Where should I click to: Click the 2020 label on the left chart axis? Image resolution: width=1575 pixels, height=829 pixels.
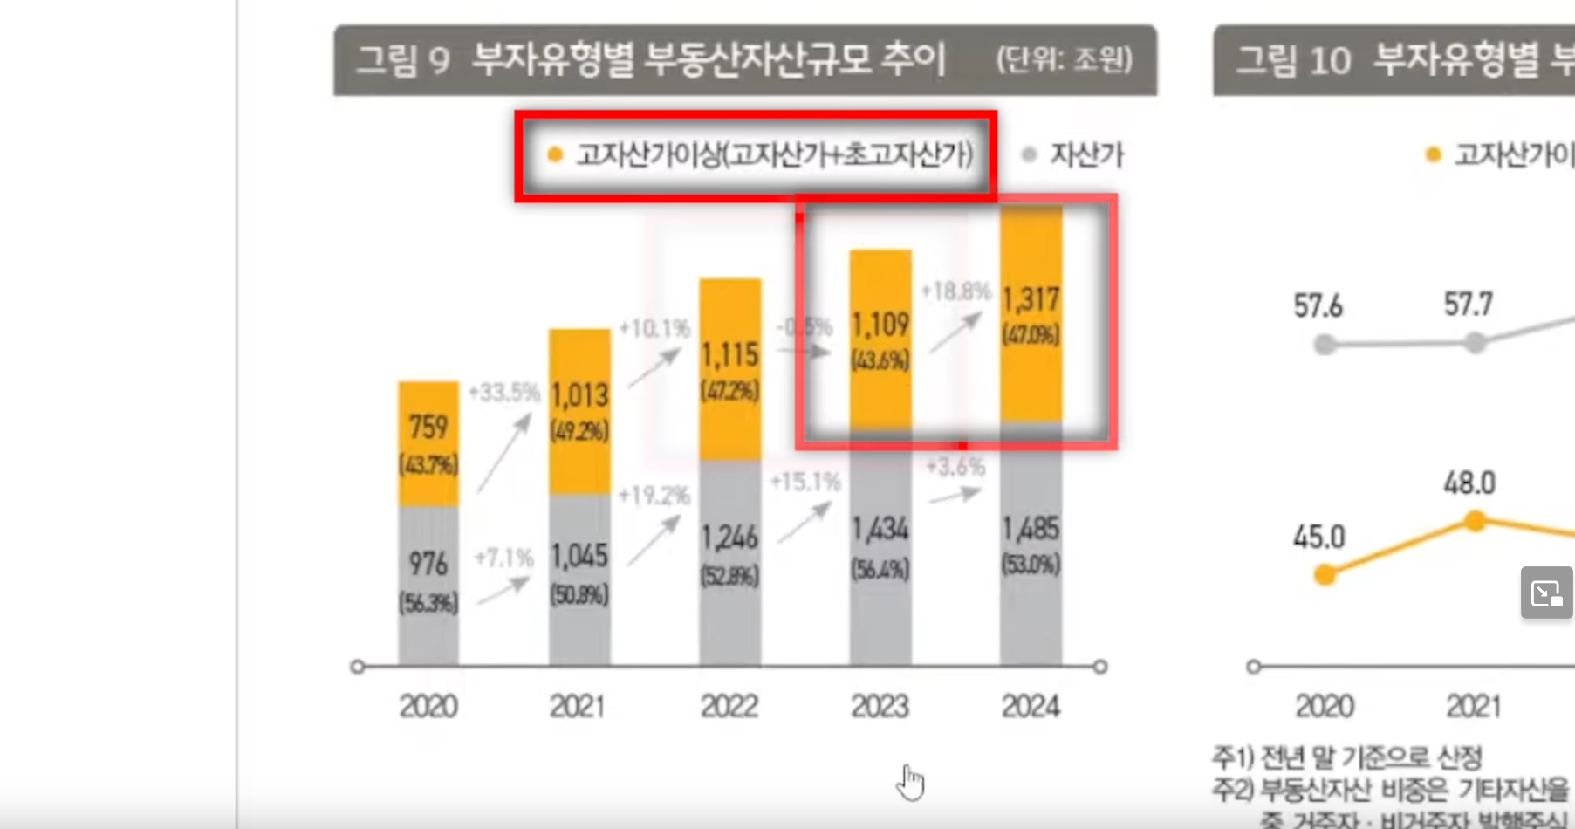pyautogui.click(x=428, y=706)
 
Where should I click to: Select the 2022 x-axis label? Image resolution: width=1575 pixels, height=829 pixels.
pyautogui.click(x=729, y=706)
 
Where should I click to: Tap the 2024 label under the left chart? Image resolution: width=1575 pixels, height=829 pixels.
pyautogui.click(x=1031, y=706)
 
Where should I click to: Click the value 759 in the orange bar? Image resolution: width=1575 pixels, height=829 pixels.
pyautogui.click(x=428, y=428)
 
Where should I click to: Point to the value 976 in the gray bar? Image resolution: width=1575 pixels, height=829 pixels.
pyautogui.click(x=428, y=564)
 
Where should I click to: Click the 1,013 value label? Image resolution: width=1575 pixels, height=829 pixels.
pyautogui.click(x=579, y=395)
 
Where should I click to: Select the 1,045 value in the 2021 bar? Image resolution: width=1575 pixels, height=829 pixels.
pyautogui.click(x=579, y=556)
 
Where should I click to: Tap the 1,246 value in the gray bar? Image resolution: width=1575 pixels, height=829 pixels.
pyautogui.click(x=729, y=538)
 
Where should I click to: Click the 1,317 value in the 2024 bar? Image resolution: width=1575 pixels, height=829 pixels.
pyautogui.click(x=1031, y=300)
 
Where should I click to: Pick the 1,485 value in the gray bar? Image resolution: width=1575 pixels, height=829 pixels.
pyautogui.click(x=1031, y=529)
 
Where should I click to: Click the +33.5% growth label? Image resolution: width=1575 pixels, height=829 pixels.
pyautogui.click(x=503, y=393)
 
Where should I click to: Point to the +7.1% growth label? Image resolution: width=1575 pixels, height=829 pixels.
pyautogui.click(x=503, y=558)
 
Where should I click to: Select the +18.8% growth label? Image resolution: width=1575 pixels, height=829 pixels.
pyautogui.click(x=956, y=291)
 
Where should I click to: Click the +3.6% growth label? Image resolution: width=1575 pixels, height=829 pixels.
pyautogui.click(x=955, y=467)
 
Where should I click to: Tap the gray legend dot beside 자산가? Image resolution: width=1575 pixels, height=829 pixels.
pyautogui.click(x=1030, y=154)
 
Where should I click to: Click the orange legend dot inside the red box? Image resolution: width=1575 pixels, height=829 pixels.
pyautogui.click(x=554, y=154)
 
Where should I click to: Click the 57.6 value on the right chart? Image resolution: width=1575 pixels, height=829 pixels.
pyautogui.click(x=1318, y=306)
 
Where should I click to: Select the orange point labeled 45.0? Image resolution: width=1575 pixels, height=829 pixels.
pyautogui.click(x=1325, y=575)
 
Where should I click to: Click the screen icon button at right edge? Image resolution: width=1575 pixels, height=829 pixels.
pyautogui.click(x=1546, y=593)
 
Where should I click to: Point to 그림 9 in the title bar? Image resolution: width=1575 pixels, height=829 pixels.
pyautogui.click(x=403, y=61)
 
